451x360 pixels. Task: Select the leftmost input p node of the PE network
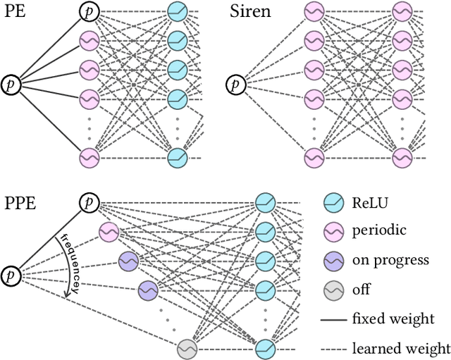point(12,84)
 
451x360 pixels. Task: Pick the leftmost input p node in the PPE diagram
point(12,273)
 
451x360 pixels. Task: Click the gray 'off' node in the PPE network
point(187,347)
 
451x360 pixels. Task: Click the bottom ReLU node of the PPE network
point(266,347)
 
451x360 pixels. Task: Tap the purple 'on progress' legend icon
point(333,260)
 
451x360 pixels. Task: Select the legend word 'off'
point(361,290)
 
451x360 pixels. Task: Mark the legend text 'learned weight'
point(401,347)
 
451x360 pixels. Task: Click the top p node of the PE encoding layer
point(89,11)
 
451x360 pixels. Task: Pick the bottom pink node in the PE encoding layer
point(89,157)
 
